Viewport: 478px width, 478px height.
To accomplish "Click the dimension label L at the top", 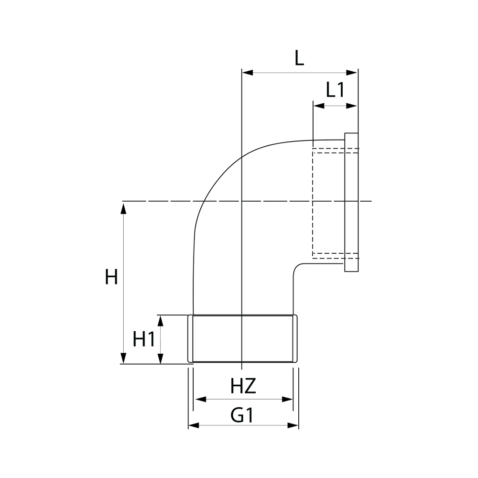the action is click(x=299, y=58).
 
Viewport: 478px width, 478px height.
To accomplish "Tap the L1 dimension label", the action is click(x=336, y=90).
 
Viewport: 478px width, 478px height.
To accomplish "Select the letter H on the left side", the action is click(x=111, y=277).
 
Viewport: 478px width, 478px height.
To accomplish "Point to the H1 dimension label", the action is click(x=144, y=339).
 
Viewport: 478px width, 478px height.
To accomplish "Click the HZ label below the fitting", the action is click(x=243, y=386).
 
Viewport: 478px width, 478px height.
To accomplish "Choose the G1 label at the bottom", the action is click(x=242, y=415).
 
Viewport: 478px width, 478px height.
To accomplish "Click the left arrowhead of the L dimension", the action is click(x=248, y=73).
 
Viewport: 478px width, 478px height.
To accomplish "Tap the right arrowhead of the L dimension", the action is click(x=352, y=73).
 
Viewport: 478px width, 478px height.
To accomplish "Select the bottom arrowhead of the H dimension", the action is click(x=123, y=358).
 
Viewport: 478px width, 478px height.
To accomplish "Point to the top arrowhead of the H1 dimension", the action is click(x=161, y=321).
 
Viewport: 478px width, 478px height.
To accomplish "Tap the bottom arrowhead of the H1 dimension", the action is click(x=161, y=358).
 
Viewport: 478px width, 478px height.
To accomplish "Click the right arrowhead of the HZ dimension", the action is click(x=287, y=399).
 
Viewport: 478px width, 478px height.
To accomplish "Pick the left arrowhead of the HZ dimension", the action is click(x=201, y=399).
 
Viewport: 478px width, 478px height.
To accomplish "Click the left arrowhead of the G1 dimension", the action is click(x=194, y=425).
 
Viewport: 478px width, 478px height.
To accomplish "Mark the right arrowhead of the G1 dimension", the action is click(x=293, y=425).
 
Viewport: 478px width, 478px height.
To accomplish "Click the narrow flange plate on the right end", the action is click(x=351, y=202).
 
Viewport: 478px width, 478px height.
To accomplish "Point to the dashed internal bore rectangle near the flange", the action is click(x=313, y=203).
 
